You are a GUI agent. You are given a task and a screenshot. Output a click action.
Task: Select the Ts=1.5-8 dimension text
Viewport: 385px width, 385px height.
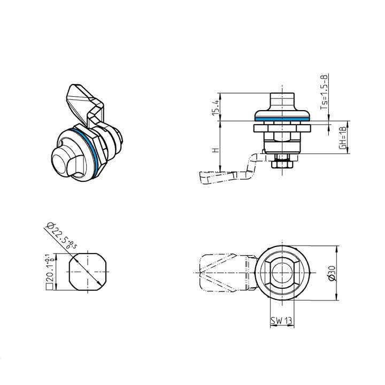click(x=324, y=92)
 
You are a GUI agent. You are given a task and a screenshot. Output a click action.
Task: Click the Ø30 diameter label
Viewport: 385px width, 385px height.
click(x=332, y=274)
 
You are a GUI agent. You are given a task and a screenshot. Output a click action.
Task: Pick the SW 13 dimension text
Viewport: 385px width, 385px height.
click(x=281, y=321)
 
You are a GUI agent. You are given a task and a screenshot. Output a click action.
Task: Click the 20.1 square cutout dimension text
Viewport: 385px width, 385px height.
click(x=49, y=271)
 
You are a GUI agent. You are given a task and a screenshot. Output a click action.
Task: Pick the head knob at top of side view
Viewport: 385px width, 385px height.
click(x=281, y=101)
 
